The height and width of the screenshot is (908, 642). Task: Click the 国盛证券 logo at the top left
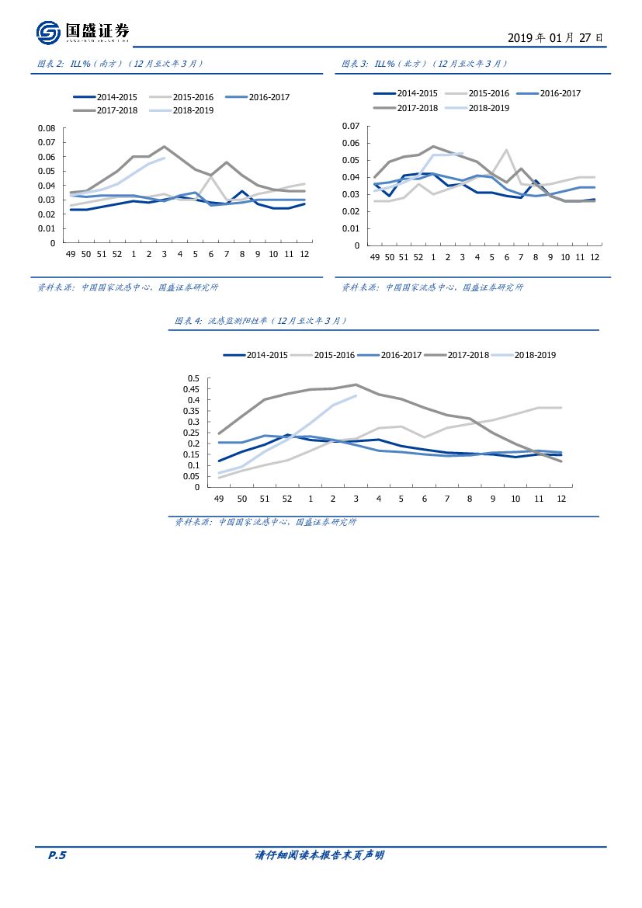click(x=82, y=32)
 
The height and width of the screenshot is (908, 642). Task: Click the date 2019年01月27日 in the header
click(x=554, y=37)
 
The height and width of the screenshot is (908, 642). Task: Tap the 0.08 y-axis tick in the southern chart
click(x=47, y=128)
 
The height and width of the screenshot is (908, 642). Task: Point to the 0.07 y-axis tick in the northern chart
click(x=352, y=126)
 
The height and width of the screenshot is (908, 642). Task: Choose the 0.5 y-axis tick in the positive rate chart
click(x=193, y=378)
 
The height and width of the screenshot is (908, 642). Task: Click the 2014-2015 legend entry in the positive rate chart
click(x=256, y=355)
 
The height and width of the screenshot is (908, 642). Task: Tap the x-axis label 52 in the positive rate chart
click(x=287, y=498)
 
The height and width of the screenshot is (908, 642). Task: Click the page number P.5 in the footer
click(x=57, y=855)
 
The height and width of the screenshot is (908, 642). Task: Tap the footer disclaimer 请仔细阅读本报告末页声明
click(x=320, y=855)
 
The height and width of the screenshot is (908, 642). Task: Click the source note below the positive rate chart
click(x=265, y=522)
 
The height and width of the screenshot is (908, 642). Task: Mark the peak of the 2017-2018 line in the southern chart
click(x=164, y=146)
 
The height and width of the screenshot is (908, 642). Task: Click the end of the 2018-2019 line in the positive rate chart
click(x=356, y=395)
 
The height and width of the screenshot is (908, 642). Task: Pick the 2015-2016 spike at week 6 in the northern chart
click(x=506, y=150)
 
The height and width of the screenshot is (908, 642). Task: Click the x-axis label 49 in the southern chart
click(x=70, y=254)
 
